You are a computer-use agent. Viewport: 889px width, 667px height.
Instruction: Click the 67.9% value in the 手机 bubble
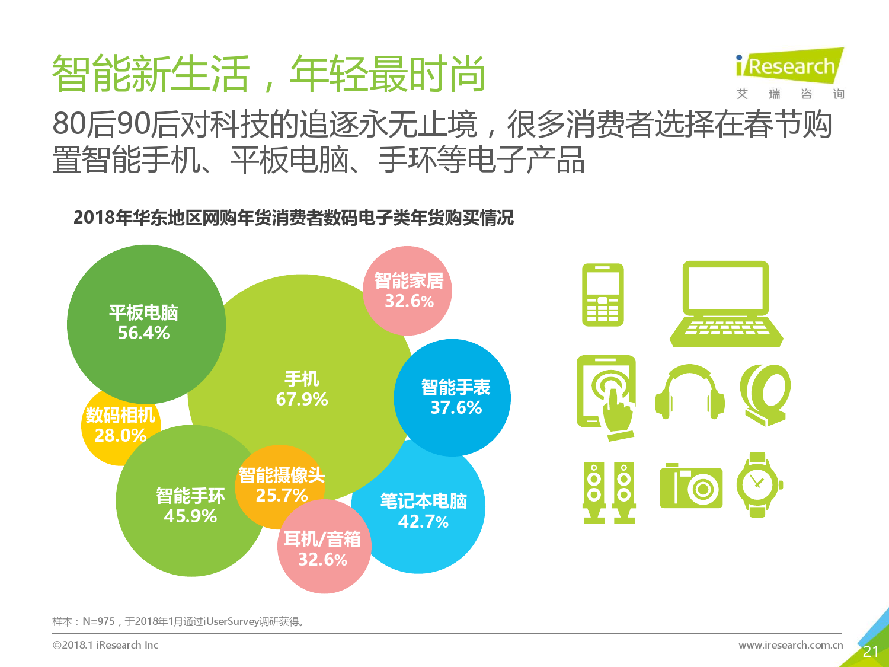click(x=302, y=399)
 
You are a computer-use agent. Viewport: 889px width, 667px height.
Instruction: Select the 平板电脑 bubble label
click(x=143, y=312)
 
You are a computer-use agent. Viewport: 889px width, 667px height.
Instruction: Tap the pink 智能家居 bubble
click(x=408, y=291)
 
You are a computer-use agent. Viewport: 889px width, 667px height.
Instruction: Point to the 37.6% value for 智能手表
click(x=456, y=408)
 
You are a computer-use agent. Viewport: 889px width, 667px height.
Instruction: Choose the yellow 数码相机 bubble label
click(x=120, y=415)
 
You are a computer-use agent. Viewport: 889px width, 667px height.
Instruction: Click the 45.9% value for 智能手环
click(x=190, y=516)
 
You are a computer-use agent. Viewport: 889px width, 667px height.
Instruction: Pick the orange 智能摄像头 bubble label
click(x=282, y=475)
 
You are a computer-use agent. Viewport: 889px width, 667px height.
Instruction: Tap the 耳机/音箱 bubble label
click(x=322, y=539)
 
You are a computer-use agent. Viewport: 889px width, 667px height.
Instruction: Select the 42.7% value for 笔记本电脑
click(x=423, y=522)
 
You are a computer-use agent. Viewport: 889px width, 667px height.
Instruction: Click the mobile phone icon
click(x=603, y=295)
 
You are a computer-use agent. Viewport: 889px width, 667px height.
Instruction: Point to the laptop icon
click(x=726, y=304)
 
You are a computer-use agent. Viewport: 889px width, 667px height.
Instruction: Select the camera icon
click(x=691, y=486)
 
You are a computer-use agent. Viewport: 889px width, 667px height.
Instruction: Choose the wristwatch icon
click(x=758, y=484)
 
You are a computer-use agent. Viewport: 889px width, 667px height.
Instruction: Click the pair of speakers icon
click(x=609, y=493)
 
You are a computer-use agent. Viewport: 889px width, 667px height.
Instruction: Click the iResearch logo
click(x=789, y=67)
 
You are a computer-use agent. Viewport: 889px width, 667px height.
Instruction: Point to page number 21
click(x=871, y=652)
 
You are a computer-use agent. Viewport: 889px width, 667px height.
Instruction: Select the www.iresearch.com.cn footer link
click(x=790, y=645)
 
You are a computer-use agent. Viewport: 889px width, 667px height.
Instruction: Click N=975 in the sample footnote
click(x=98, y=621)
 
